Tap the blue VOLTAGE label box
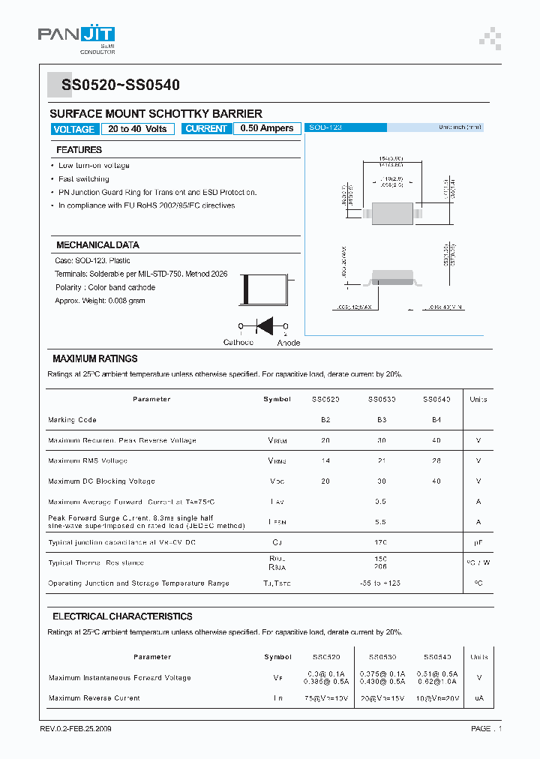[73, 129]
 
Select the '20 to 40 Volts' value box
[137, 129]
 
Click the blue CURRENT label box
[206, 129]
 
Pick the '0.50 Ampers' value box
[267, 129]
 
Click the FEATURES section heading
[79, 150]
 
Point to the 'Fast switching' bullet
[83, 179]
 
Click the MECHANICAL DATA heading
[97, 245]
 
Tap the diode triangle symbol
[264, 326]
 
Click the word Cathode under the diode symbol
[238, 343]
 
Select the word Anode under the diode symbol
[288, 343]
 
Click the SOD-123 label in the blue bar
[325, 128]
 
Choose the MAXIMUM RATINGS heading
[94, 359]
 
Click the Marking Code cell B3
[382, 420]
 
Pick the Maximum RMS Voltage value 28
[436, 460]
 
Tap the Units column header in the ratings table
[478, 400]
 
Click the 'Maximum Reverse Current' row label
[94, 698]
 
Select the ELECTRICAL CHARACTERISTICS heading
[122, 616]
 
